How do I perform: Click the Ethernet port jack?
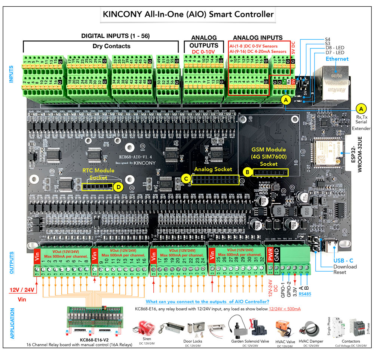point(334,83)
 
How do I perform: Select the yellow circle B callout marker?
point(247,172)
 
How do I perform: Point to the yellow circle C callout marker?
point(185,178)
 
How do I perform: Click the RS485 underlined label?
point(305,294)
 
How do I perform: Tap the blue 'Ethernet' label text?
point(337,59)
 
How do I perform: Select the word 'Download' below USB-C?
point(344,266)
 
